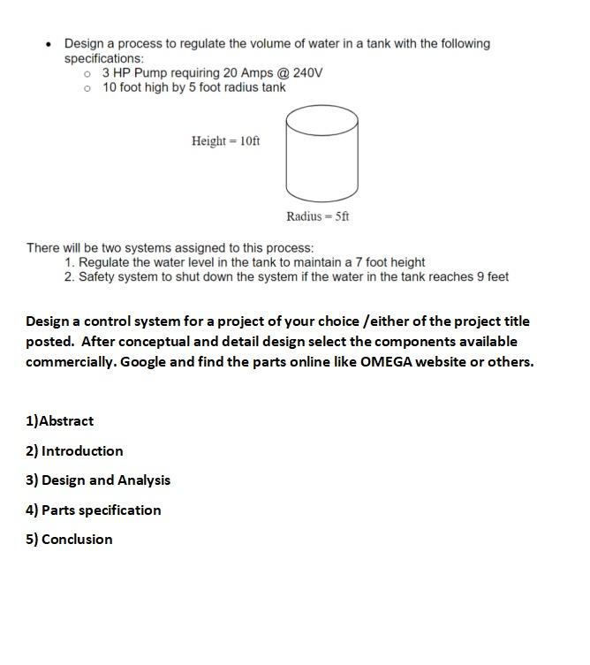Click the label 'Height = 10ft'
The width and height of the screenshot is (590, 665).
225,141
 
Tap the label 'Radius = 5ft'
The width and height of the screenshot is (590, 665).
317,216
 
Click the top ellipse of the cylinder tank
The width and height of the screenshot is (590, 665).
321,121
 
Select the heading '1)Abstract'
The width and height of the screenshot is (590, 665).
59,421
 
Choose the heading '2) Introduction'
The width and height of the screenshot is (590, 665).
74,451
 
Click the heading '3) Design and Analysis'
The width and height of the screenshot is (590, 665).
97,480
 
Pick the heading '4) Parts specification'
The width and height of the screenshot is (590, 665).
93,510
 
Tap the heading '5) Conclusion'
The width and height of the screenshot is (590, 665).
69,540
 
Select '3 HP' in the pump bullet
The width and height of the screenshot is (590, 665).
117,72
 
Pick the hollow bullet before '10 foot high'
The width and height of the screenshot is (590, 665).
87,88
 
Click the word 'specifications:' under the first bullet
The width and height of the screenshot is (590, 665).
103,58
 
